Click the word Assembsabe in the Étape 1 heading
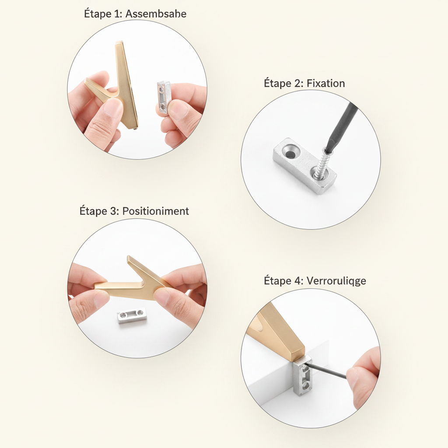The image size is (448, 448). [156, 14]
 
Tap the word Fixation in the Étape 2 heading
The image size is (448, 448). [325, 84]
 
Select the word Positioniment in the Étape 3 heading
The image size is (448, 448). [155, 211]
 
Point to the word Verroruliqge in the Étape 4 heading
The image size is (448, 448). [336, 280]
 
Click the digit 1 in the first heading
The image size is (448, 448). [116, 14]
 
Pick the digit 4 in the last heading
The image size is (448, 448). [297, 280]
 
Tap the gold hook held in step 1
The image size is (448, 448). [120, 86]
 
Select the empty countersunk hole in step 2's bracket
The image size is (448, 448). [291, 154]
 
